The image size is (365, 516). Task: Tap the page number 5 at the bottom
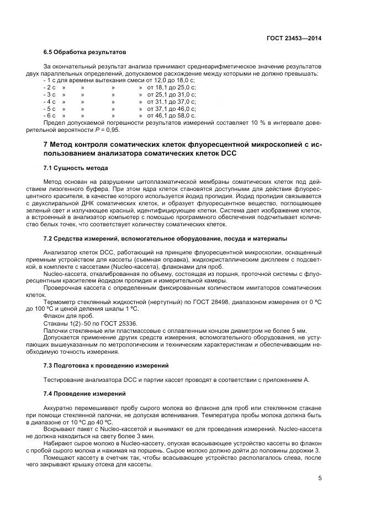click(320, 478)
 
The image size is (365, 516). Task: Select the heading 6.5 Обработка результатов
click(85, 52)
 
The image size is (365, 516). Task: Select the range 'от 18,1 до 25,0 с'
click(171, 88)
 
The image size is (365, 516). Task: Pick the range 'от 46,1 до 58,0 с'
click(171, 115)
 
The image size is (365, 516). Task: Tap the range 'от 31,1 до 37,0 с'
click(171, 102)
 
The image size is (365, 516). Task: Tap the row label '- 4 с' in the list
click(50, 102)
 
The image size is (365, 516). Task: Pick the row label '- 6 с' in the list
click(50, 115)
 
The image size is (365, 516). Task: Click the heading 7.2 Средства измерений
click(165, 238)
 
